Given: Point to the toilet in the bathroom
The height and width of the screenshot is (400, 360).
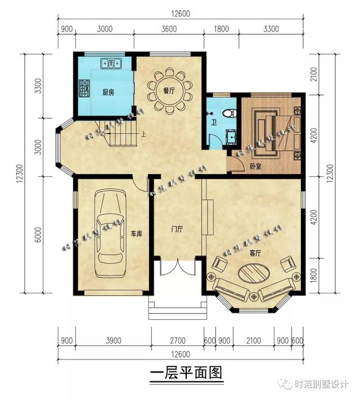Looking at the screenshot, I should click(228, 113).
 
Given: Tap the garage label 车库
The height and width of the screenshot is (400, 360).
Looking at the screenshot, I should click(137, 233).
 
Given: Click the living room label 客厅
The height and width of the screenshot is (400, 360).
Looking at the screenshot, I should click(256, 253).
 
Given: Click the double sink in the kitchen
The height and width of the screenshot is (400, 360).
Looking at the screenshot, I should click(111, 63).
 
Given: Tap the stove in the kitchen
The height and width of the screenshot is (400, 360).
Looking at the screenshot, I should click(84, 87).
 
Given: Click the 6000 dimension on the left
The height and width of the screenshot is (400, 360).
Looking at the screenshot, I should click(37, 235).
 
